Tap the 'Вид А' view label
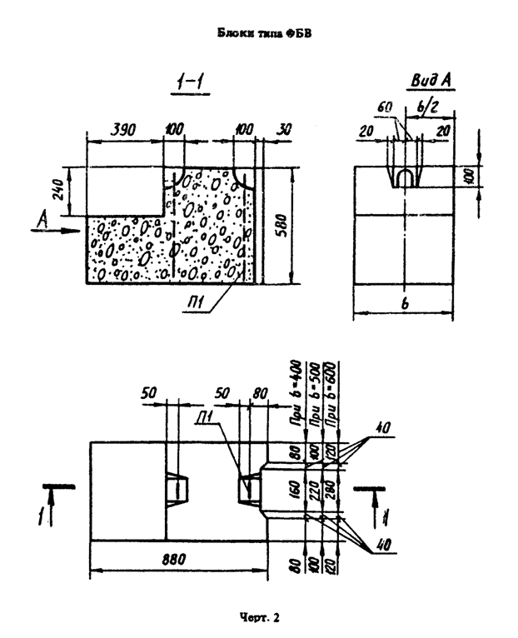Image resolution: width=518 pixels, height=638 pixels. click(431, 80)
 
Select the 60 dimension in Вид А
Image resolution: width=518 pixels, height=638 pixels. click(385, 108)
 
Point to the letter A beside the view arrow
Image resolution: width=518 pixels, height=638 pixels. click(43, 217)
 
